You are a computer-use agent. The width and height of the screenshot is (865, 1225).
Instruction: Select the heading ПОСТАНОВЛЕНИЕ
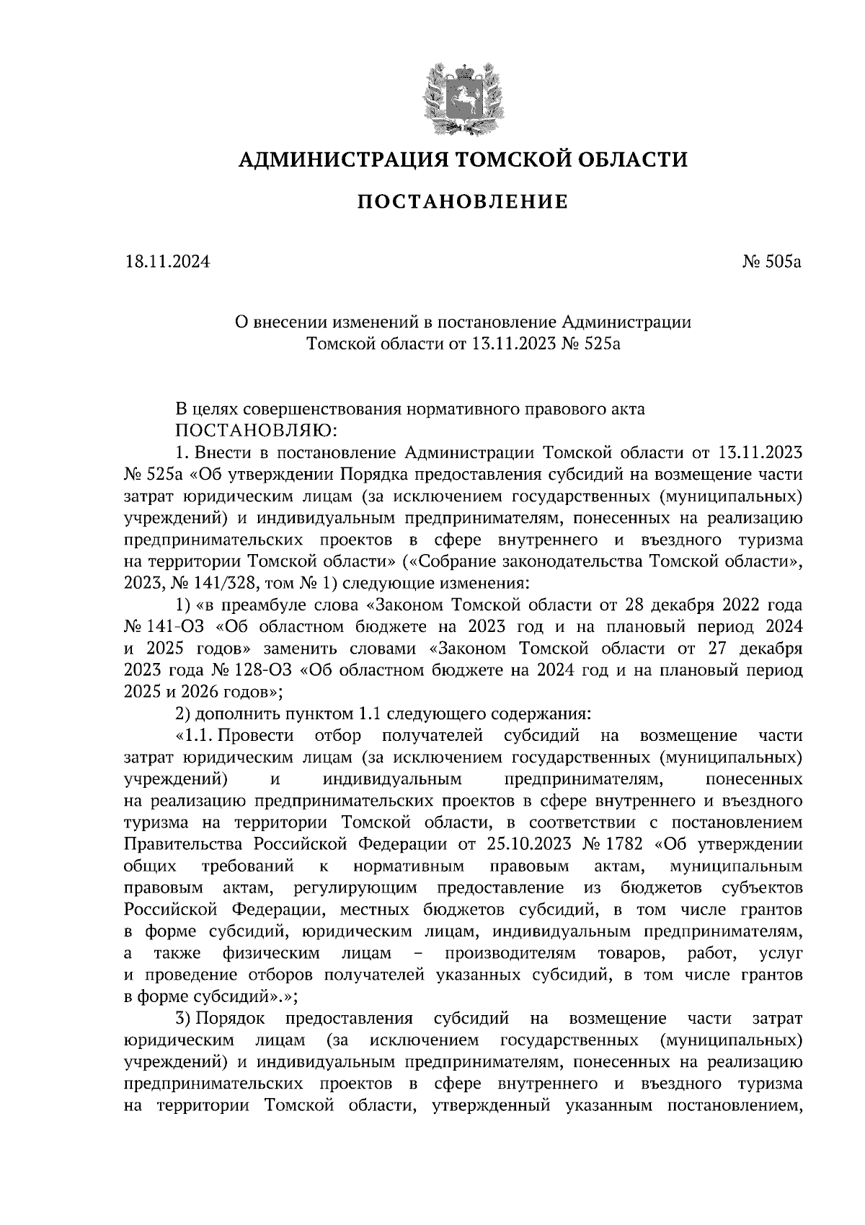(x=462, y=202)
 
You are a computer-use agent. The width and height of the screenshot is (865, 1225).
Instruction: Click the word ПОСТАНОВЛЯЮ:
(x=252, y=431)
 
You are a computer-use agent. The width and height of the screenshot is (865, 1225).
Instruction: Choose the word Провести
(x=256, y=736)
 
